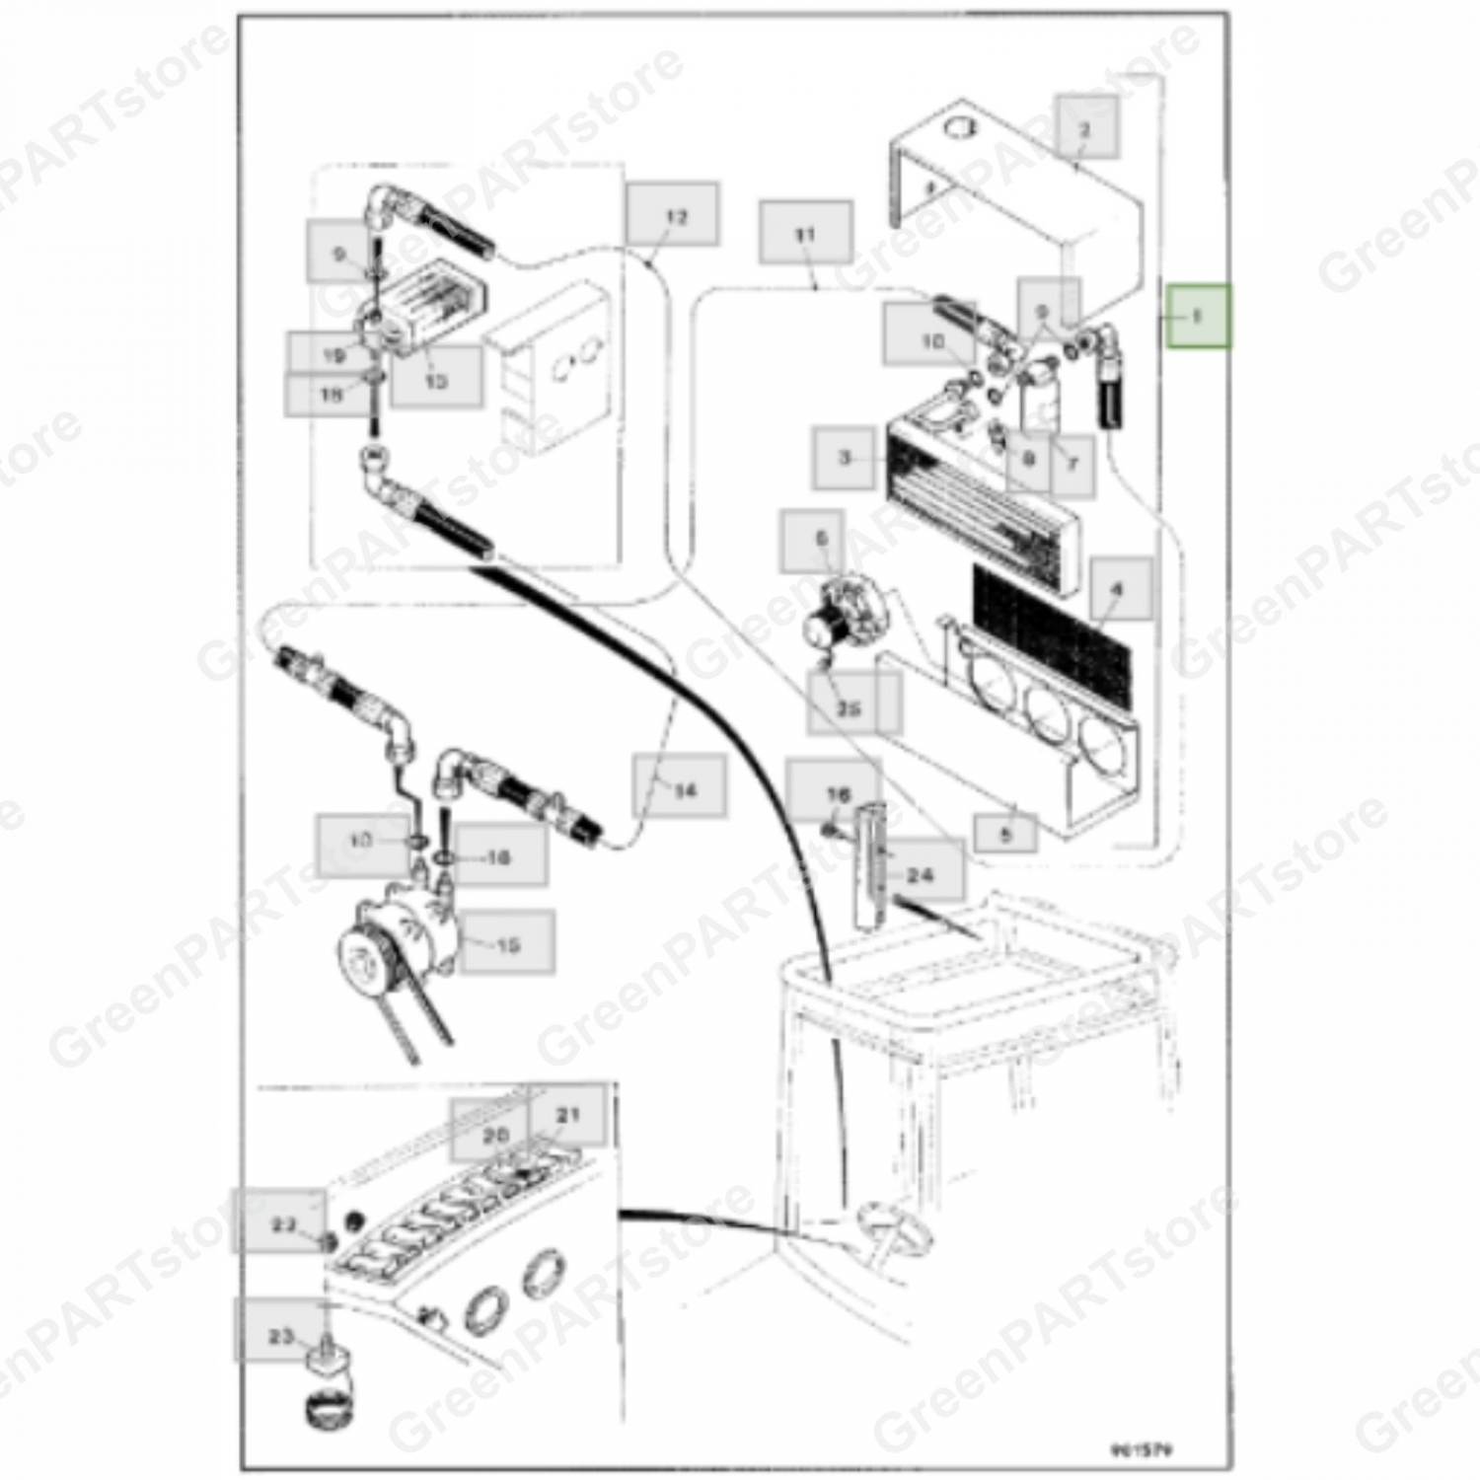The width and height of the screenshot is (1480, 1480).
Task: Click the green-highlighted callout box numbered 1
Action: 1198,316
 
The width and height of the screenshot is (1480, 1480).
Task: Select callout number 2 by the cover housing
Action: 1086,127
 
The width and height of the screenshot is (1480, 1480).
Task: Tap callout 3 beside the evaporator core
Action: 845,458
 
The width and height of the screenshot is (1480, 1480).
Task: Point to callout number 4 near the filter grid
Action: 1119,589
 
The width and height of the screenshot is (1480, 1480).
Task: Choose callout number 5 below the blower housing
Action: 1005,834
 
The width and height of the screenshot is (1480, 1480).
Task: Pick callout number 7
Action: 1073,463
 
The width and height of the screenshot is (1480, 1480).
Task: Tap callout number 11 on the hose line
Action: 806,234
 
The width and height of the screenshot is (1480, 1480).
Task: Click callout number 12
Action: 673,215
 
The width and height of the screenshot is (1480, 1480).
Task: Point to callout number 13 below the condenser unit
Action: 436,379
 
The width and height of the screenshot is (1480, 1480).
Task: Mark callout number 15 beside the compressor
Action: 507,944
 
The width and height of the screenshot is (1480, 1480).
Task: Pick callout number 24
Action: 919,872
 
